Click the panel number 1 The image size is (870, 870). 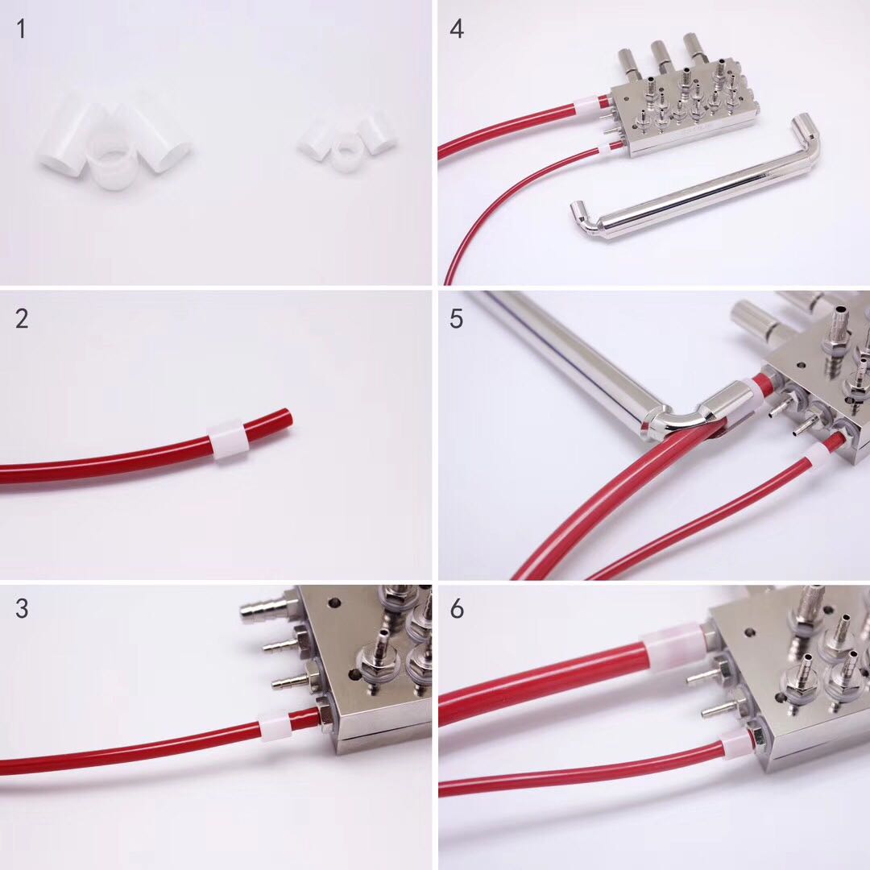pos(21,29)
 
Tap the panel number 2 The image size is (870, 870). pos(22,318)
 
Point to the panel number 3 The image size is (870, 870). pos(22,609)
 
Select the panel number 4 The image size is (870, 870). pos(457,29)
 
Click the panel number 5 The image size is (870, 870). pos(456,318)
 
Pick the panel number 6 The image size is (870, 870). pos(457,609)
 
